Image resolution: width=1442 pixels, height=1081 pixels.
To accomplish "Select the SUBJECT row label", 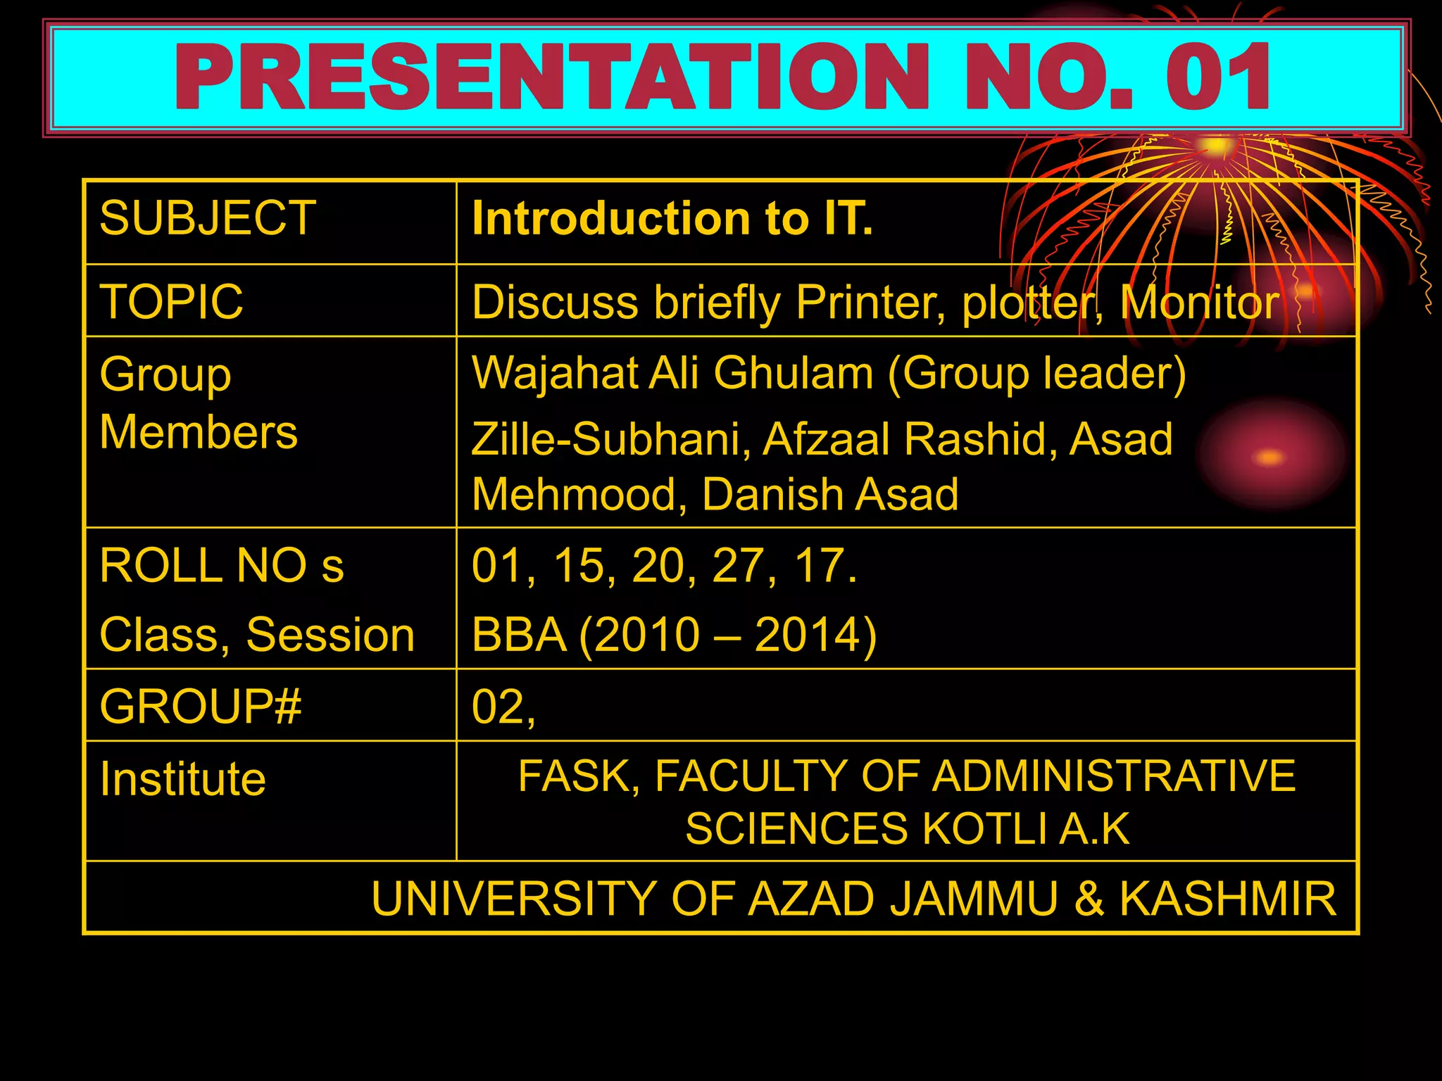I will [x=208, y=218].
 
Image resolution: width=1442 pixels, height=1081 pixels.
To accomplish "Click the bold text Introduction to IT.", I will [x=672, y=218].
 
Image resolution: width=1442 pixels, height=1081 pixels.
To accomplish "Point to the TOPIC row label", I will [x=171, y=302].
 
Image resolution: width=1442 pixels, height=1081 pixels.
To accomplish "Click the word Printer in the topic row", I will [x=870, y=303].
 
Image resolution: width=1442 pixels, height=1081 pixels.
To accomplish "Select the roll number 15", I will [x=579, y=565].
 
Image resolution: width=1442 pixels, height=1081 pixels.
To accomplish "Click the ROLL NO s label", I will [x=221, y=565].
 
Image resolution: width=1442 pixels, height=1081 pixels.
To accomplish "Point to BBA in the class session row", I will [x=519, y=635].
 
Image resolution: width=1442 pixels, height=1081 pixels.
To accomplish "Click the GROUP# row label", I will [x=201, y=707].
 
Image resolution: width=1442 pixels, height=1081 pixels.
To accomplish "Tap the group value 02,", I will [x=503, y=707].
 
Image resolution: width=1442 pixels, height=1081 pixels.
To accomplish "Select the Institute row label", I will [x=183, y=779].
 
